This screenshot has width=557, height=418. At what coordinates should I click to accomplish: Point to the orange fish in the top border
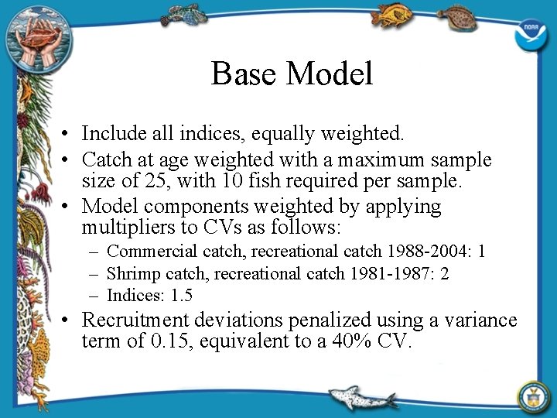(391, 15)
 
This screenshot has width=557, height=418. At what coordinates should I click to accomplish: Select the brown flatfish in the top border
(459, 16)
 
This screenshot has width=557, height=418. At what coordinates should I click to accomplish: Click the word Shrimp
(131, 273)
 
